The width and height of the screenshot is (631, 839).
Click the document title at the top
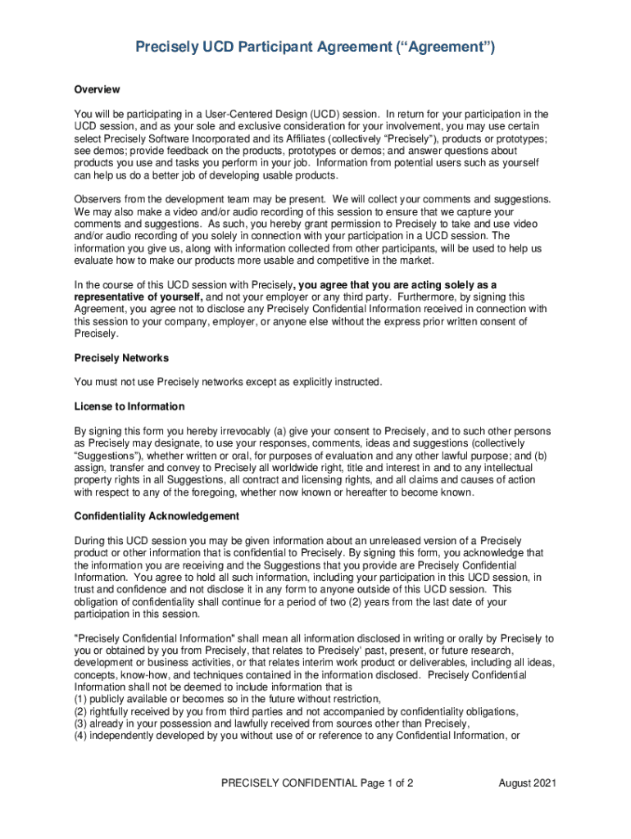[315, 49]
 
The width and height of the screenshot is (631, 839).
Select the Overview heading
[97, 88]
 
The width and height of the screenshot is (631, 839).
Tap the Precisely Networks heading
[122, 358]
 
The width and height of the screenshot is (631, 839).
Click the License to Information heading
[129, 406]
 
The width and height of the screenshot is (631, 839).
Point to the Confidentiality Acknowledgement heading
[157, 516]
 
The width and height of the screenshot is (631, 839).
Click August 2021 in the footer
[528, 783]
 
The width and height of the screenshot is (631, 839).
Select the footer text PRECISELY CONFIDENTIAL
[288, 783]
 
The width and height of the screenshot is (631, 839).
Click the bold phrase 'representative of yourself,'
[138, 297]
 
